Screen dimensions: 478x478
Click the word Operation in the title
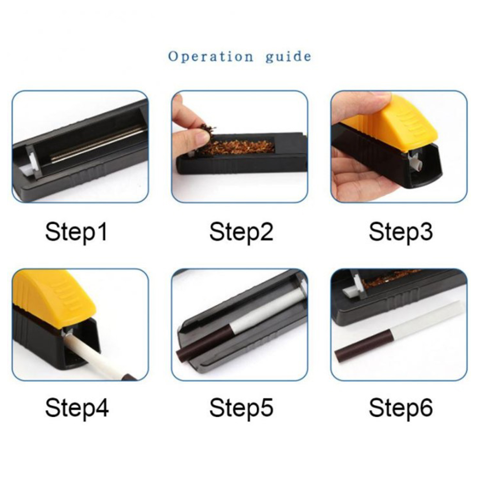point(211,56)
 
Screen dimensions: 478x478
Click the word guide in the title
point(288,57)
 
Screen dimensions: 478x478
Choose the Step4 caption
point(77,408)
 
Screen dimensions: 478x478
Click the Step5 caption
point(241,408)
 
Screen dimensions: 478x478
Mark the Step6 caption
point(401,408)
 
